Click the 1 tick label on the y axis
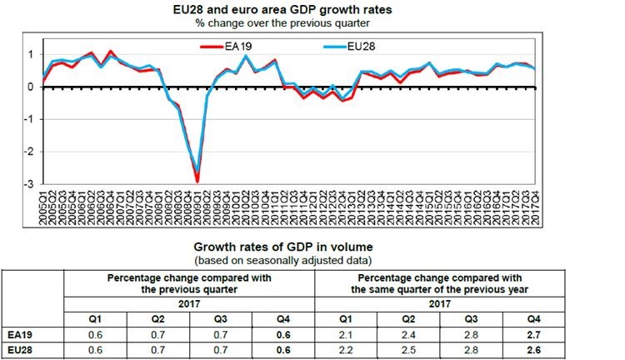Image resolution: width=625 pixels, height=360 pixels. (31, 54)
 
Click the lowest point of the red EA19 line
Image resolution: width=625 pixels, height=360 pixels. (197, 180)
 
